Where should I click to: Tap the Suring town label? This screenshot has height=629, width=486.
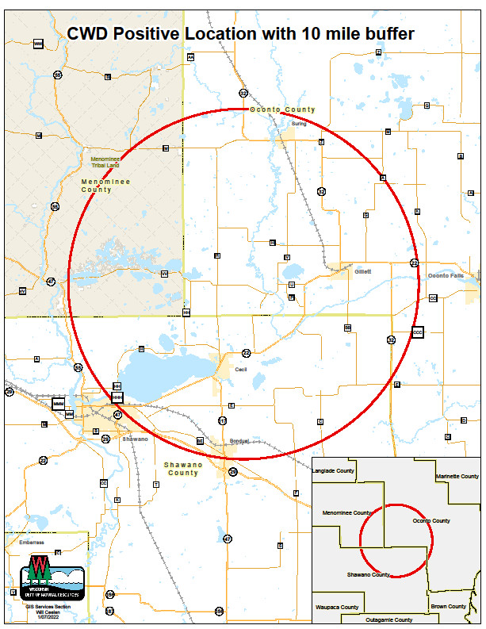pyautogui.click(x=298, y=124)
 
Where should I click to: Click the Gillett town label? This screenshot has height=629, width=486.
pyautogui.click(x=362, y=271)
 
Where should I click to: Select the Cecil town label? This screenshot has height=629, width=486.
pyautogui.click(x=241, y=382)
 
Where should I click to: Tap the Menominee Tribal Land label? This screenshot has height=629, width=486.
pyautogui.click(x=107, y=162)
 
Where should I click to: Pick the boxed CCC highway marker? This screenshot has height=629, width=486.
pyautogui.click(x=418, y=333)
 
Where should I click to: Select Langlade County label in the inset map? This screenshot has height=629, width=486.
pyautogui.click(x=333, y=470)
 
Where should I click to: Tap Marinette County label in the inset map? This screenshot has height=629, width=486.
pyautogui.click(x=457, y=477)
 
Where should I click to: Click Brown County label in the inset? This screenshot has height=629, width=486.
pyautogui.click(x=448, y=607)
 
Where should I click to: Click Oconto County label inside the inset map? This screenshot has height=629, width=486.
pyautogui.click(x=431, y=521)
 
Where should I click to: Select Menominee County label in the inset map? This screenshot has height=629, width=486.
pyautogui.click(x=346, y=513)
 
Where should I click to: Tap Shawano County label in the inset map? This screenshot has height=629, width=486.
pyautogui.click(x=369, y=574)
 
